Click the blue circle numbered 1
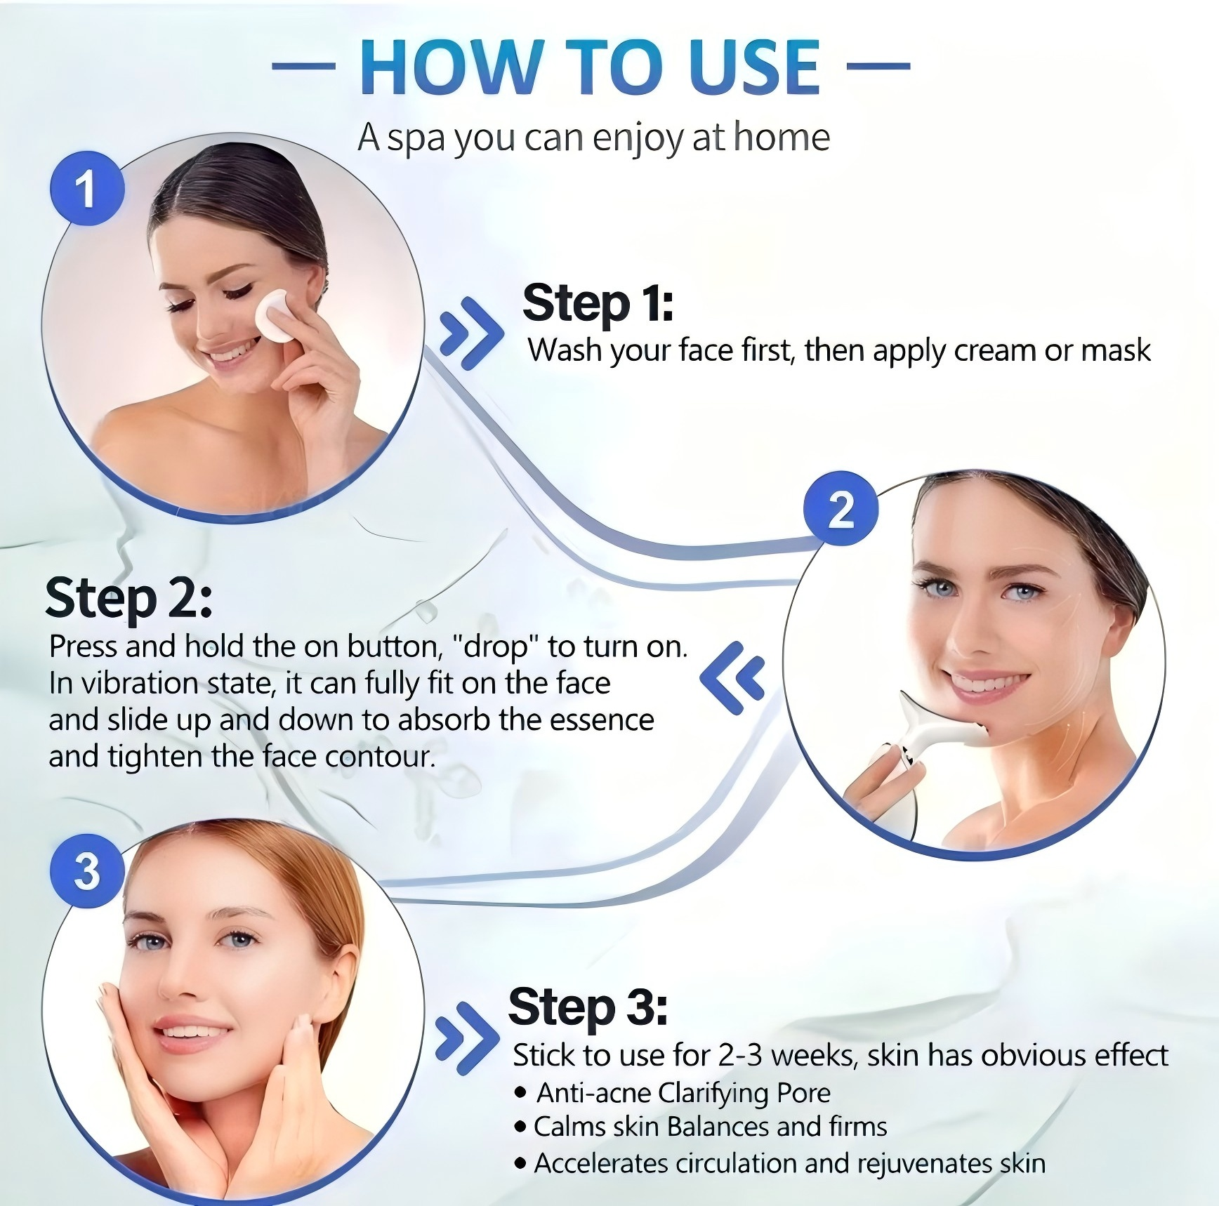click(87, 189)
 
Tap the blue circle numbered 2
click(841, 508)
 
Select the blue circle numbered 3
click(87, 871)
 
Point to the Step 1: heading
click(598, 303)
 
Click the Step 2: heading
click(129, 598)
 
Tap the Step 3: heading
click(587, 1007)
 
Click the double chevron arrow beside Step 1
click(471, 333)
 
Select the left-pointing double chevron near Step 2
click(732, 678)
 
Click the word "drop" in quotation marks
click(495, 647)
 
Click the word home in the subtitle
click(781, 137)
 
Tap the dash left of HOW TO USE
click(303, 67)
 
